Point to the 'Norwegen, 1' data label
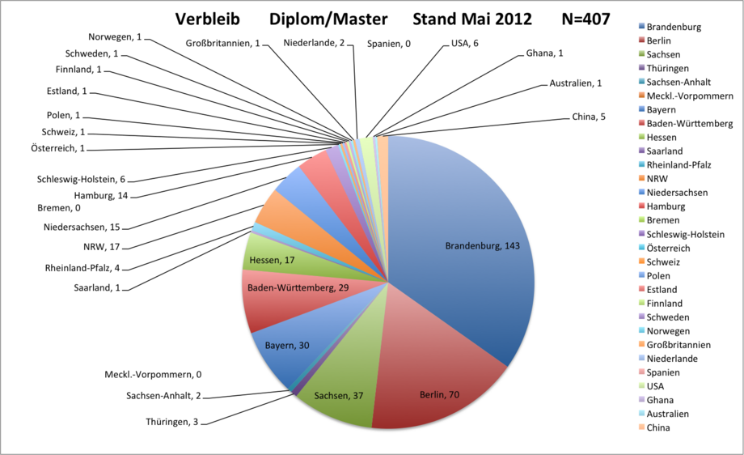115,37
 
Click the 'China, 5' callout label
589,117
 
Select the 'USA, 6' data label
464,43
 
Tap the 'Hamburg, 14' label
101,196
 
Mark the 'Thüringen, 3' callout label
171,422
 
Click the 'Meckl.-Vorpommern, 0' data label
153,374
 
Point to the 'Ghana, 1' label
545,53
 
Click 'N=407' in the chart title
586,19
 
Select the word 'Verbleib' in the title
208,19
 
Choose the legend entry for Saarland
661,151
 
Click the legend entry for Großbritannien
674,345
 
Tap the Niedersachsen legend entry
674,193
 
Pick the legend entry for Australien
664,414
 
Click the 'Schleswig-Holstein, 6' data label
81,180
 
